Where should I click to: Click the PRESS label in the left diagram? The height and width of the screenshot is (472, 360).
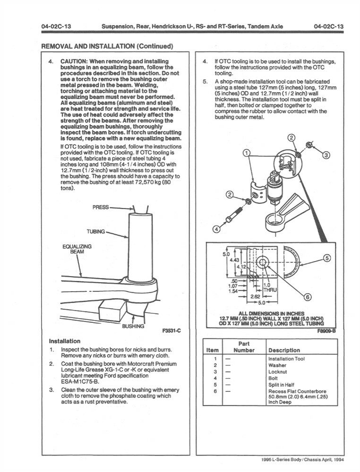click(101, 207)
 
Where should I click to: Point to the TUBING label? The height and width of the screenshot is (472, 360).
click(96, 232)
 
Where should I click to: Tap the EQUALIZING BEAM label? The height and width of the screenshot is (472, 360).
click(77, 249)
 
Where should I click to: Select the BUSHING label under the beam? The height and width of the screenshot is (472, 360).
click(132, 326)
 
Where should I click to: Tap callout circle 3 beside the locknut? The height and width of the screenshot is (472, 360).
click(326, 155)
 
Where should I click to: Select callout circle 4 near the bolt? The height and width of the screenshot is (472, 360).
click(216, 229)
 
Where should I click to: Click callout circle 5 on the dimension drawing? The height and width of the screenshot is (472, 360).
click(326, 258)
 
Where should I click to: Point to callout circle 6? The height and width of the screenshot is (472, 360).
click(308, 297)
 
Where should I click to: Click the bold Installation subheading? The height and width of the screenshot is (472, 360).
click(65, 341)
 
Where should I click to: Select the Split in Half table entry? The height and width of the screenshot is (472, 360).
click(283, 385)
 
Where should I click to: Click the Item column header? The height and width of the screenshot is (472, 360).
click(213, 350)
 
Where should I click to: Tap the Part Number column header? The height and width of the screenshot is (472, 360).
click(244, 347)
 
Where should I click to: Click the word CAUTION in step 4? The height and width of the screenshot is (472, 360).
click(76, 62)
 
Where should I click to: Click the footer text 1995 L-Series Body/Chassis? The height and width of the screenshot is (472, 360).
click(302, 460)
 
